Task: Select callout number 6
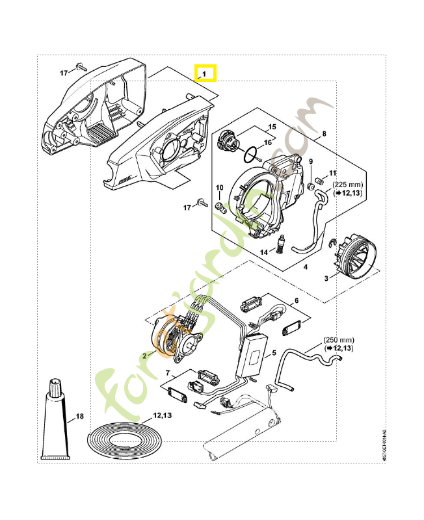(x=297, y=300)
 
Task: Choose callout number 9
(x=310, y=161)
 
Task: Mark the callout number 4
(x=305, y=265)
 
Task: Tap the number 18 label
(x=80, y=415)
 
